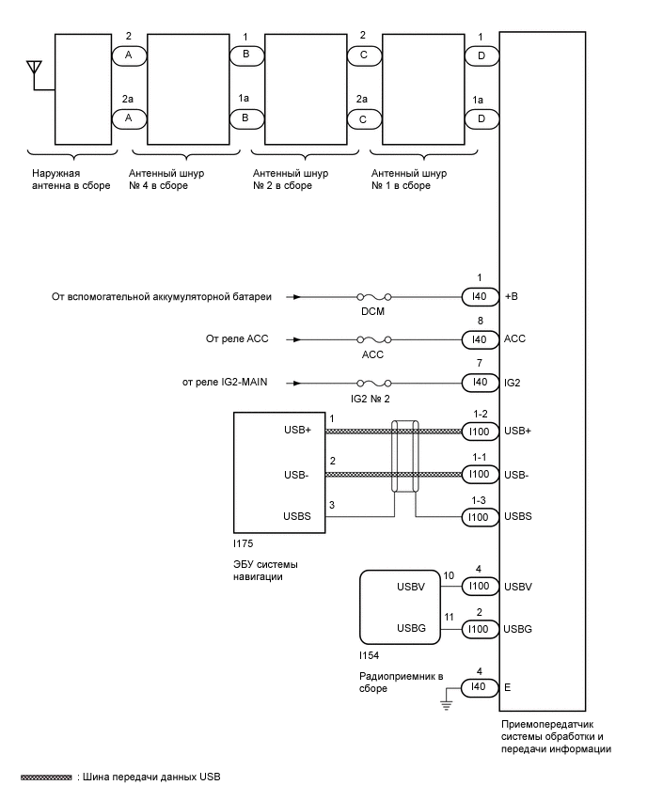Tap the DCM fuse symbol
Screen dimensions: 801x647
pyautogui.click(x=373, y=296)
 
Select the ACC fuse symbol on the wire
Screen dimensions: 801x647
pyautogui.click(x=373, y=339)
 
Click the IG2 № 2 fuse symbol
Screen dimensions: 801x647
pyautogui.click(x=373, y=384)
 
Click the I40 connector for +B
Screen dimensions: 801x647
pyautogui.click(x=481, y=296)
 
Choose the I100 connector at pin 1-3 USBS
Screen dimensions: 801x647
pyautogui.click(x=481, y=516)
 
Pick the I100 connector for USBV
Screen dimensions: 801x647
pyautogui.click(x=481, y=586)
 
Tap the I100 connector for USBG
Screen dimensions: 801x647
pyautogui.click(x=481, y=628)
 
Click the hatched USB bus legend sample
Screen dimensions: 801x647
pyautogui.click(x=46, y=777)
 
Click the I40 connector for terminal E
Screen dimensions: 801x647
pyautogui.click(x=481, y=687)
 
